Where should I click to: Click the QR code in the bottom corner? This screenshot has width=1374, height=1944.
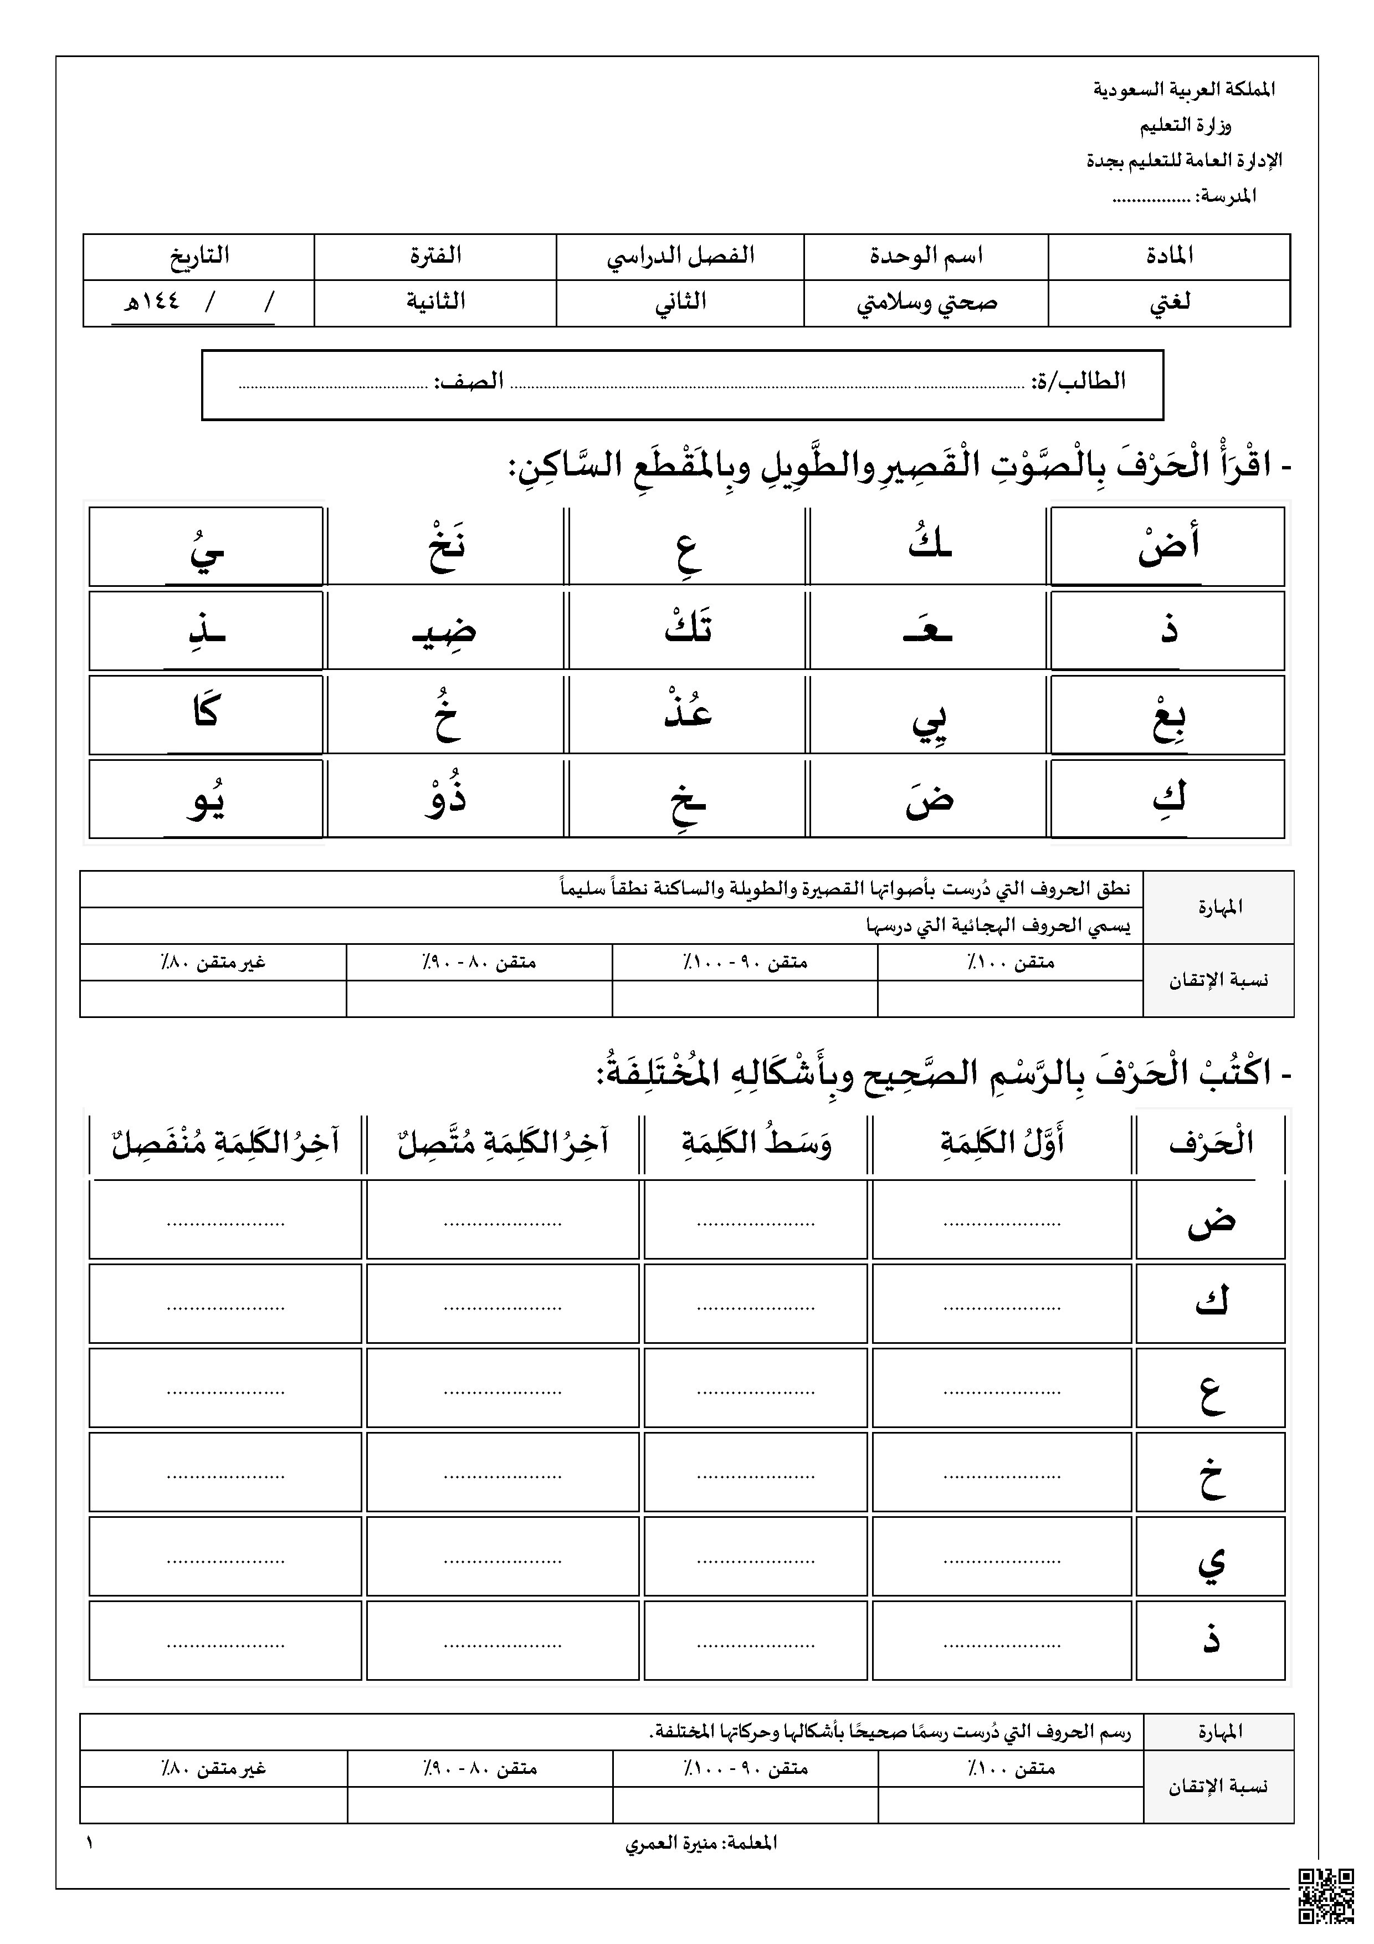click(1326, 1897)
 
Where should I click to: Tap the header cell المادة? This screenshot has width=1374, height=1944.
click(1168, 255)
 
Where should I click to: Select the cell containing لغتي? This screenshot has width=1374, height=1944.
click(1168, 302)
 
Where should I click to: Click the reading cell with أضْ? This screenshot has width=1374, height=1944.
click(1167, 546)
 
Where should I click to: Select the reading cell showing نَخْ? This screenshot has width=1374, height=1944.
click(445, 546)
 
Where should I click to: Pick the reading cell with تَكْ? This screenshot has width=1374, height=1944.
click(688, 631)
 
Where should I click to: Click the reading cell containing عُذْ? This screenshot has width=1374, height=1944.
click(688, 714)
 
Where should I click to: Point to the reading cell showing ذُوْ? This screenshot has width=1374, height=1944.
click(445, 799)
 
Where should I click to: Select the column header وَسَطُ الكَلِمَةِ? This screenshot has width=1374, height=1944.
click(756, 1143)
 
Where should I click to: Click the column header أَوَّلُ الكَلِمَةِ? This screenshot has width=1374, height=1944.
click(1002, 1143)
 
